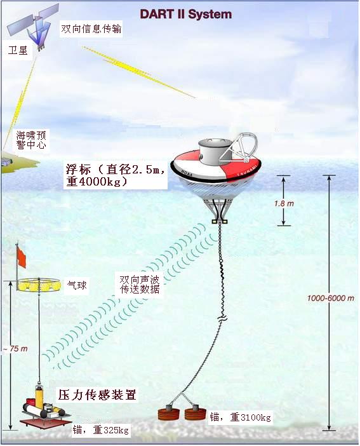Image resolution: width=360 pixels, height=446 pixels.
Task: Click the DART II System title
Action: click(186, 14)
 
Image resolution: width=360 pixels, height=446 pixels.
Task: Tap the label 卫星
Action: click(18, 51)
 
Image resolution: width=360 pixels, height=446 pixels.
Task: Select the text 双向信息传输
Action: click(91, 29)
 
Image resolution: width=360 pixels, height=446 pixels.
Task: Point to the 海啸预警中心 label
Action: click(31, 140)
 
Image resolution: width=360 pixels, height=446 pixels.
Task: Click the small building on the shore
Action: click(7, 163)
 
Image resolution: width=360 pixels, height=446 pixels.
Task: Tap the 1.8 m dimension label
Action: click(284, 203)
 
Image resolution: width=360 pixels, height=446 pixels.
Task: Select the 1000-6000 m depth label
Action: click(330, 298)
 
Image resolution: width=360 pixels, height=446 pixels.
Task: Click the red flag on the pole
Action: click(22, 257)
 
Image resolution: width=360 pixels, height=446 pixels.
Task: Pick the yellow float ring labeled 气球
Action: click(39, 285)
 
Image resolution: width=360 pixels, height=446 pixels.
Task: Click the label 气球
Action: click(77, 285)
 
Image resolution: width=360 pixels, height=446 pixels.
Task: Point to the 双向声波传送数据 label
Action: click(140, 284)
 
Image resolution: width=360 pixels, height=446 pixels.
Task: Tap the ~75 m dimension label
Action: click(15, 348)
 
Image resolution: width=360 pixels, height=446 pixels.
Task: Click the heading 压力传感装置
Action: click(97, 395)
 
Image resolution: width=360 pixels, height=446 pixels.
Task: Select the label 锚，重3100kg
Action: click(240, 417)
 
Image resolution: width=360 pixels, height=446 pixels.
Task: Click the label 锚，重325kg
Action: click(101, 429)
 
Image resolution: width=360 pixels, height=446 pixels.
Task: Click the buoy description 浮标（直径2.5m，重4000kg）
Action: click(115, 175)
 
